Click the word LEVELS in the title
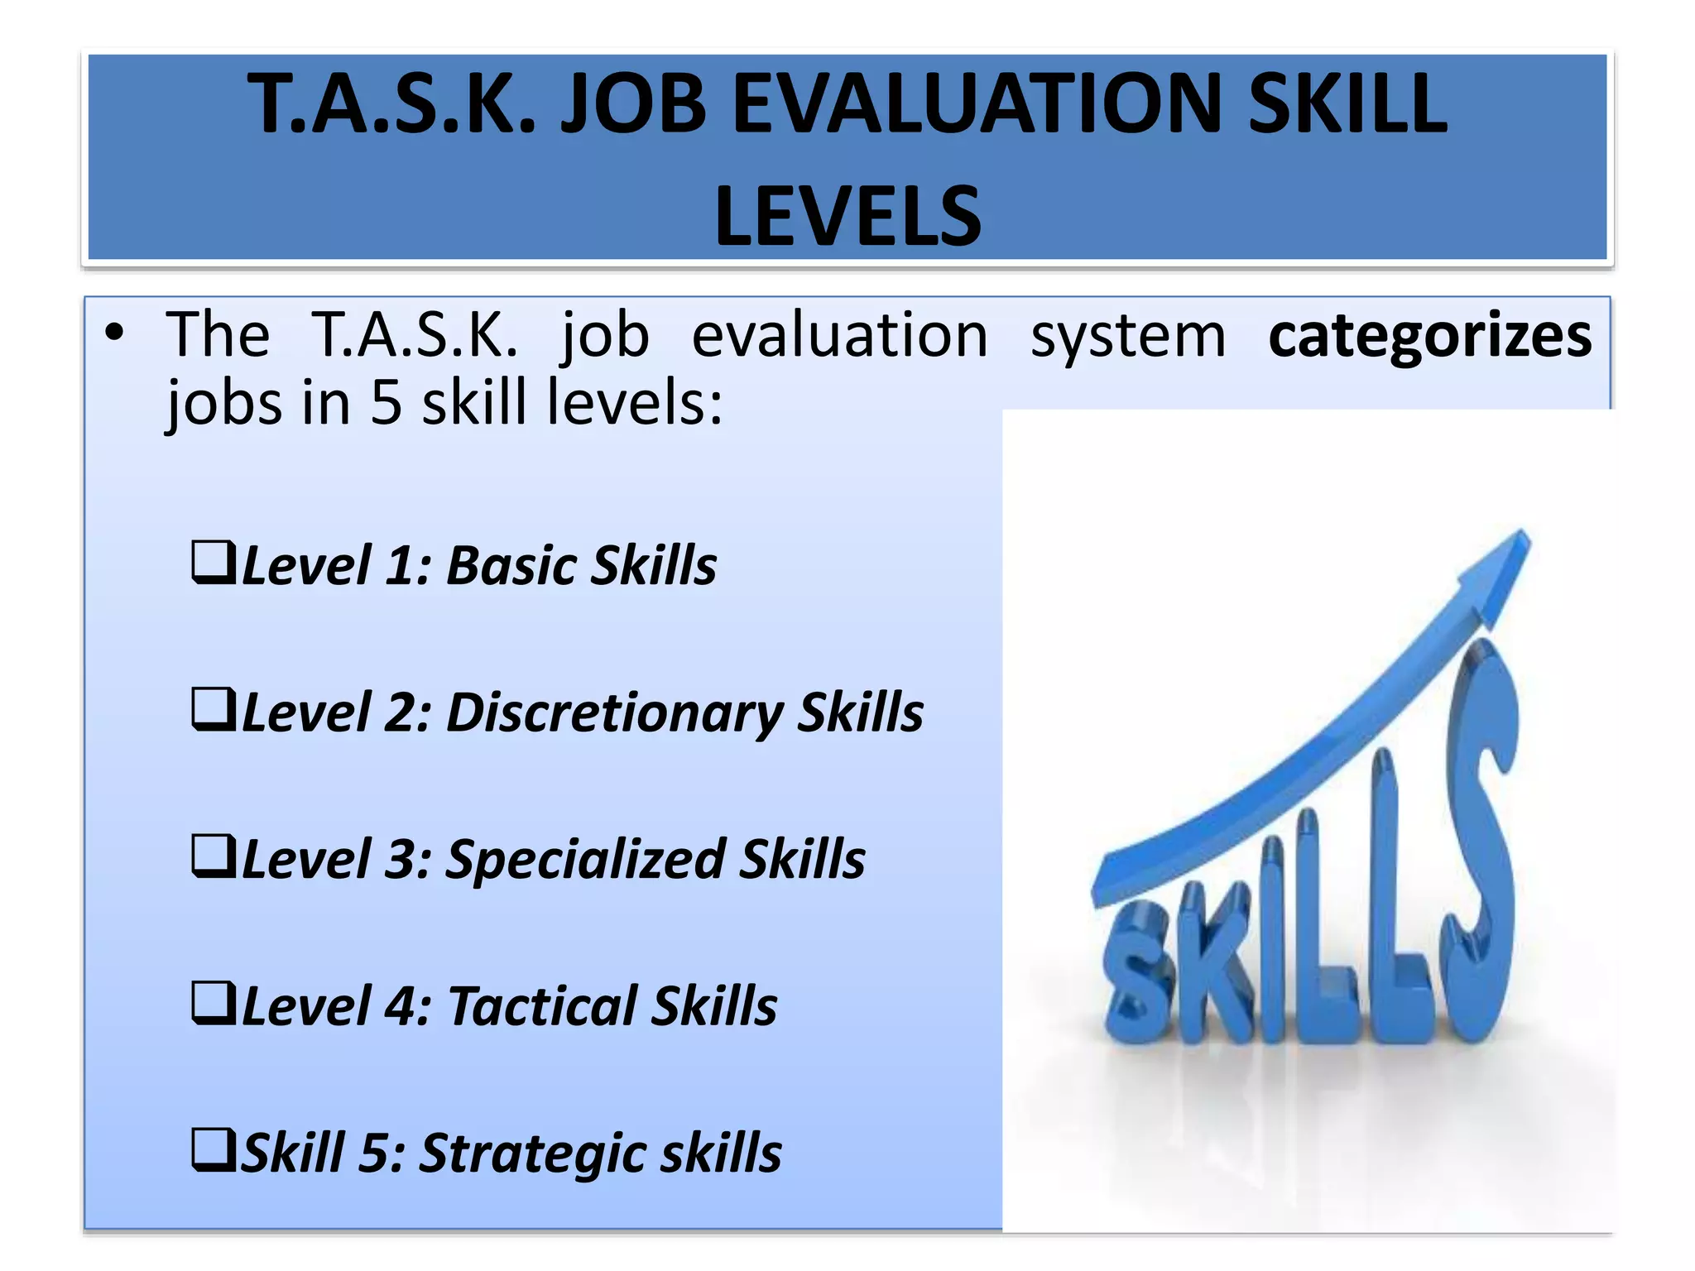[x=847, y=217]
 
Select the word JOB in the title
[x=633, y=105]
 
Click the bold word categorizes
[x=1429, y=336]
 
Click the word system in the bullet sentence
[x=1127, y=336]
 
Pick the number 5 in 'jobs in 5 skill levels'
[x=386, y=403]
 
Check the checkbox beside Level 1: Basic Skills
[x=213, y=564]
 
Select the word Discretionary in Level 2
[x=614, y=713]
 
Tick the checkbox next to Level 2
[x=213, y=710]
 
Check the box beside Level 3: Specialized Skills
[x=213, y=856]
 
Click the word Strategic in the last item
[x=531, y=1153]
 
